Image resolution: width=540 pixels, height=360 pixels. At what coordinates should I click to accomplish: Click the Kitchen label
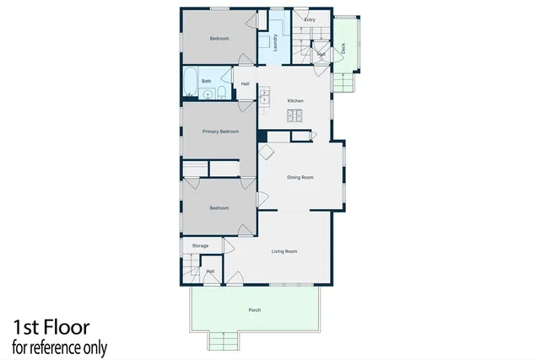pos(294,101)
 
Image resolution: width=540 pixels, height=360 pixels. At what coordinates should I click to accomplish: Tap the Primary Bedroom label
pos(220,132)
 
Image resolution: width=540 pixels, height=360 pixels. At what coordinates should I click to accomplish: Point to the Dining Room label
pos(300,177)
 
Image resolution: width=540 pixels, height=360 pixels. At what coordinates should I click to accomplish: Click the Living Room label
pos(284,251)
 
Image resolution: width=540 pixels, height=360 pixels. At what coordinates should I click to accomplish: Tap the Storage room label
pos(200,246)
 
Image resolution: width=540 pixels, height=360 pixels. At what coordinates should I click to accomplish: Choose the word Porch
pos(254,310)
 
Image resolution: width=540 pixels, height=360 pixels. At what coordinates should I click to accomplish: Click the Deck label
pos(343,49)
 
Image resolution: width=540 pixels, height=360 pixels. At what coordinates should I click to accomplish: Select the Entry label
pos(310,19)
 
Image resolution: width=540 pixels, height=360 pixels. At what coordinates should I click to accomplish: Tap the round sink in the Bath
pos(208,93)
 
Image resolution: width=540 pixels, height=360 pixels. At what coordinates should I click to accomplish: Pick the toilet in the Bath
pos(221,92)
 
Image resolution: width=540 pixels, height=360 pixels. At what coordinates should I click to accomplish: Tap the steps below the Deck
pos(344,82)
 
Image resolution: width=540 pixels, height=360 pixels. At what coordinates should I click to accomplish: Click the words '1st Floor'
pos(51,327)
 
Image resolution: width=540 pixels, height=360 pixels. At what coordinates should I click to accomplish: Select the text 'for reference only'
pos(59,347)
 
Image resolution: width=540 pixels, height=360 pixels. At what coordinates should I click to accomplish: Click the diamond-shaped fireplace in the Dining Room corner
pos(267,152)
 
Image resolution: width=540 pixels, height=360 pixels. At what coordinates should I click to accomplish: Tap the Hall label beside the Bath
pos(245,83)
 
